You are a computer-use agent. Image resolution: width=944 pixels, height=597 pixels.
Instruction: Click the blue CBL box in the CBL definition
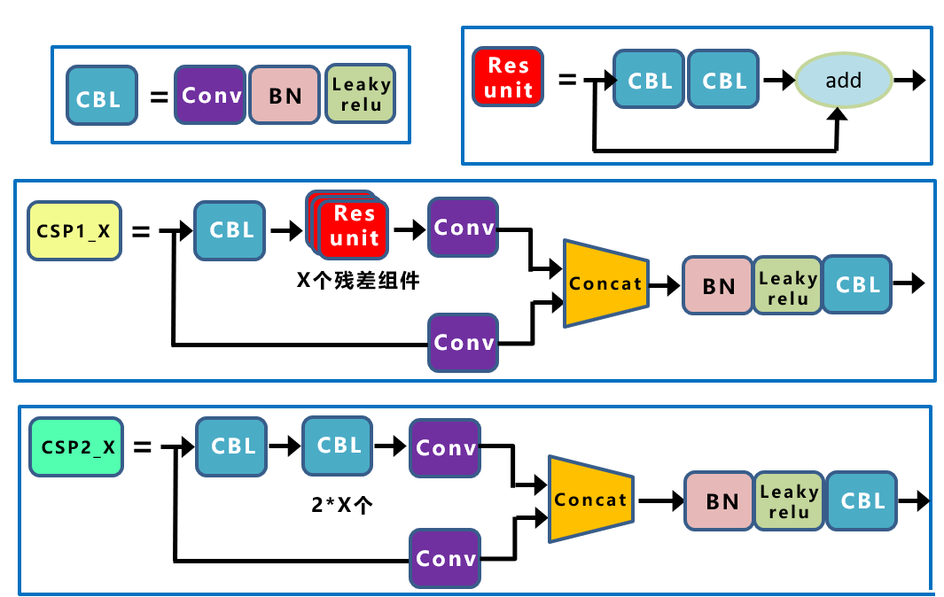pos(101,95)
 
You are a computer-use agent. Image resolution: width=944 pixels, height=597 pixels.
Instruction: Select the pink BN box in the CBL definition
pos(285,94)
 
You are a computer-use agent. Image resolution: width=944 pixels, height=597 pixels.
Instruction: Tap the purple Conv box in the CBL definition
pos(210,94)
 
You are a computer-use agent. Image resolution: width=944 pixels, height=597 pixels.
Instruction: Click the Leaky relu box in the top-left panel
pos(360,94)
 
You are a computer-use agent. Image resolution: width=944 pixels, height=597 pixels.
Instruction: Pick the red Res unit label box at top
pos(509,77)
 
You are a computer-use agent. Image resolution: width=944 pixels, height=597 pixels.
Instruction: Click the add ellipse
pos(842,81)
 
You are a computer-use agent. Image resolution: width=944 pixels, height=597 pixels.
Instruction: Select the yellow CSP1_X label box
pos(74,230)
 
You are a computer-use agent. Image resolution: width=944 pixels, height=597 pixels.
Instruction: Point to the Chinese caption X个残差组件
pos(357,282)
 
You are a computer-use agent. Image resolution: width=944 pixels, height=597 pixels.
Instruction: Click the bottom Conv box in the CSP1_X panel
pos(463,342)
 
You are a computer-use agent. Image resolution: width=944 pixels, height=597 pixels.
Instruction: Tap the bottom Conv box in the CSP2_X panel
pos(445,558)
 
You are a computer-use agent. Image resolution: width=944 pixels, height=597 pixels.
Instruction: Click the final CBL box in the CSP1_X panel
pos(856,285)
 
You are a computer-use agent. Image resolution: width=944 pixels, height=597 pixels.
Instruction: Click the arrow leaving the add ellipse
pos(909,81)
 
